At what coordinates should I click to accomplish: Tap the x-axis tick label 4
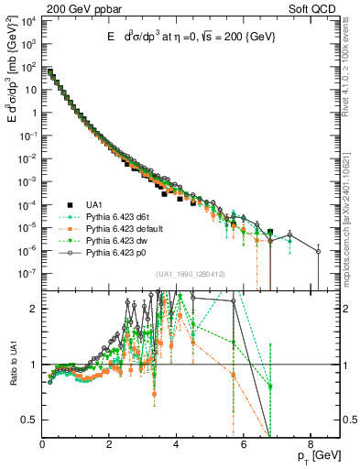176,446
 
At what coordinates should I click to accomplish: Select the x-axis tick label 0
42,446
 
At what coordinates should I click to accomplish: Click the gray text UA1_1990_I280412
191,274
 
